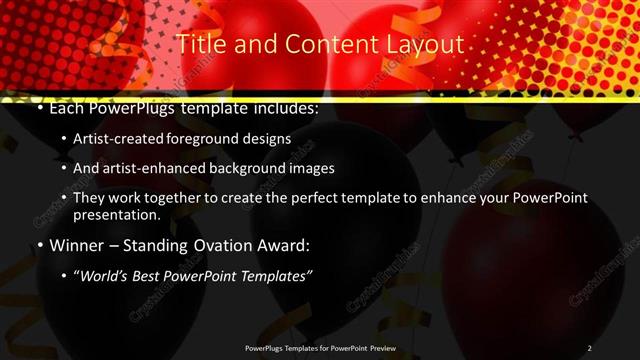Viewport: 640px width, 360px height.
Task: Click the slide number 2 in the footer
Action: [x=589, y=347]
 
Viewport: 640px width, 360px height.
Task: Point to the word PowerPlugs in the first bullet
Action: [x=132, y=107]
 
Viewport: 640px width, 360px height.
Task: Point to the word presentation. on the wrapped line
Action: [x=117, y=215]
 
